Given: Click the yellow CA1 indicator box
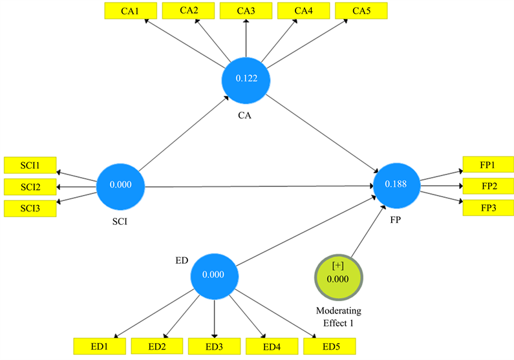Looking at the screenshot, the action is (131, 11).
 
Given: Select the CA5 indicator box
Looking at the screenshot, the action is (361, 11).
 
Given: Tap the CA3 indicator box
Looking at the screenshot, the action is (246, 11).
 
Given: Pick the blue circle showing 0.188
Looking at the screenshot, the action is (396, 185).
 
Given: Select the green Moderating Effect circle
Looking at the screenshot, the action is (338, 277).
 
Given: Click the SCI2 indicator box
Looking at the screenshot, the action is (30, 187).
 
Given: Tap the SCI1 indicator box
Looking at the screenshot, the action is (30, 165).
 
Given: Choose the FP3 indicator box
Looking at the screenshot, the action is (488, 207).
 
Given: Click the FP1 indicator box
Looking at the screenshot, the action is (488, 165).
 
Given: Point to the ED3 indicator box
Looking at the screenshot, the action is (214, 346).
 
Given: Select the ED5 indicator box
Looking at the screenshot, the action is (330, 346).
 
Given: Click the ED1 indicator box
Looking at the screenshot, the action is (100, 346).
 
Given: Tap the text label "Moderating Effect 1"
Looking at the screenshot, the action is (339, 317).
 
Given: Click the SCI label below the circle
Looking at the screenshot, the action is (120, 222).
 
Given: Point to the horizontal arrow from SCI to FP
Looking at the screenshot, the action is (259, 186).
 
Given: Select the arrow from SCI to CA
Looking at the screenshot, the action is (184, 133).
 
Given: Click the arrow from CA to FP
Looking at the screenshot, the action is (322, 133).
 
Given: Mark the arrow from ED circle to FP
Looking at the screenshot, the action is (306, 231).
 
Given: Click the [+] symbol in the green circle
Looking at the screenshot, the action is (337, 266).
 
